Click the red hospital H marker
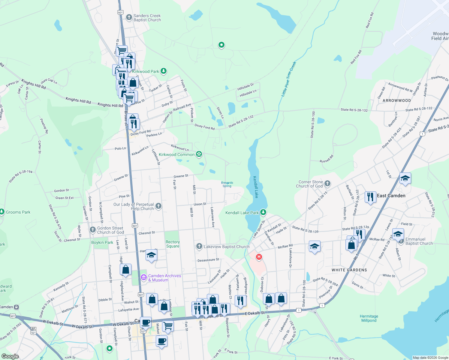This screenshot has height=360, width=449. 259,257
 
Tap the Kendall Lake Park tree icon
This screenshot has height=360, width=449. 263,212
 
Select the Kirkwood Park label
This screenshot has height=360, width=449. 146,71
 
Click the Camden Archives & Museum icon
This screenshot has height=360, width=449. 143,278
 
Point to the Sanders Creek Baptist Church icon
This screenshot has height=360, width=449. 129,17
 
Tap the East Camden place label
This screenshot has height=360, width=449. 391,196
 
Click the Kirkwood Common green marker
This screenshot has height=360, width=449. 199,154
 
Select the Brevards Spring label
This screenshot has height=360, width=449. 227,184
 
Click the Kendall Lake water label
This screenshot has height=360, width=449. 255,187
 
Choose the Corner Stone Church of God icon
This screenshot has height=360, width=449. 327,183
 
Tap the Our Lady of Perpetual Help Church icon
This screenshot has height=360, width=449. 158,206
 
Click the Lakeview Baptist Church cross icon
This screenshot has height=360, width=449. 199,246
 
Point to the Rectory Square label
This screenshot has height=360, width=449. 173,244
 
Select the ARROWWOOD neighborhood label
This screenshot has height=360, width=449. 396,100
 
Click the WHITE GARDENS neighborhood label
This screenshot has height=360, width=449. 349,270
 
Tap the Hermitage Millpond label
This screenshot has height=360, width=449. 369,318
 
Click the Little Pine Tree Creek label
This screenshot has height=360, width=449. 288,79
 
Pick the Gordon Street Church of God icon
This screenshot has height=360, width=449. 93,230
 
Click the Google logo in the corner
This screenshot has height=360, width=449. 10,356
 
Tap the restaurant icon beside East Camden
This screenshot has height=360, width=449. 370,197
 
